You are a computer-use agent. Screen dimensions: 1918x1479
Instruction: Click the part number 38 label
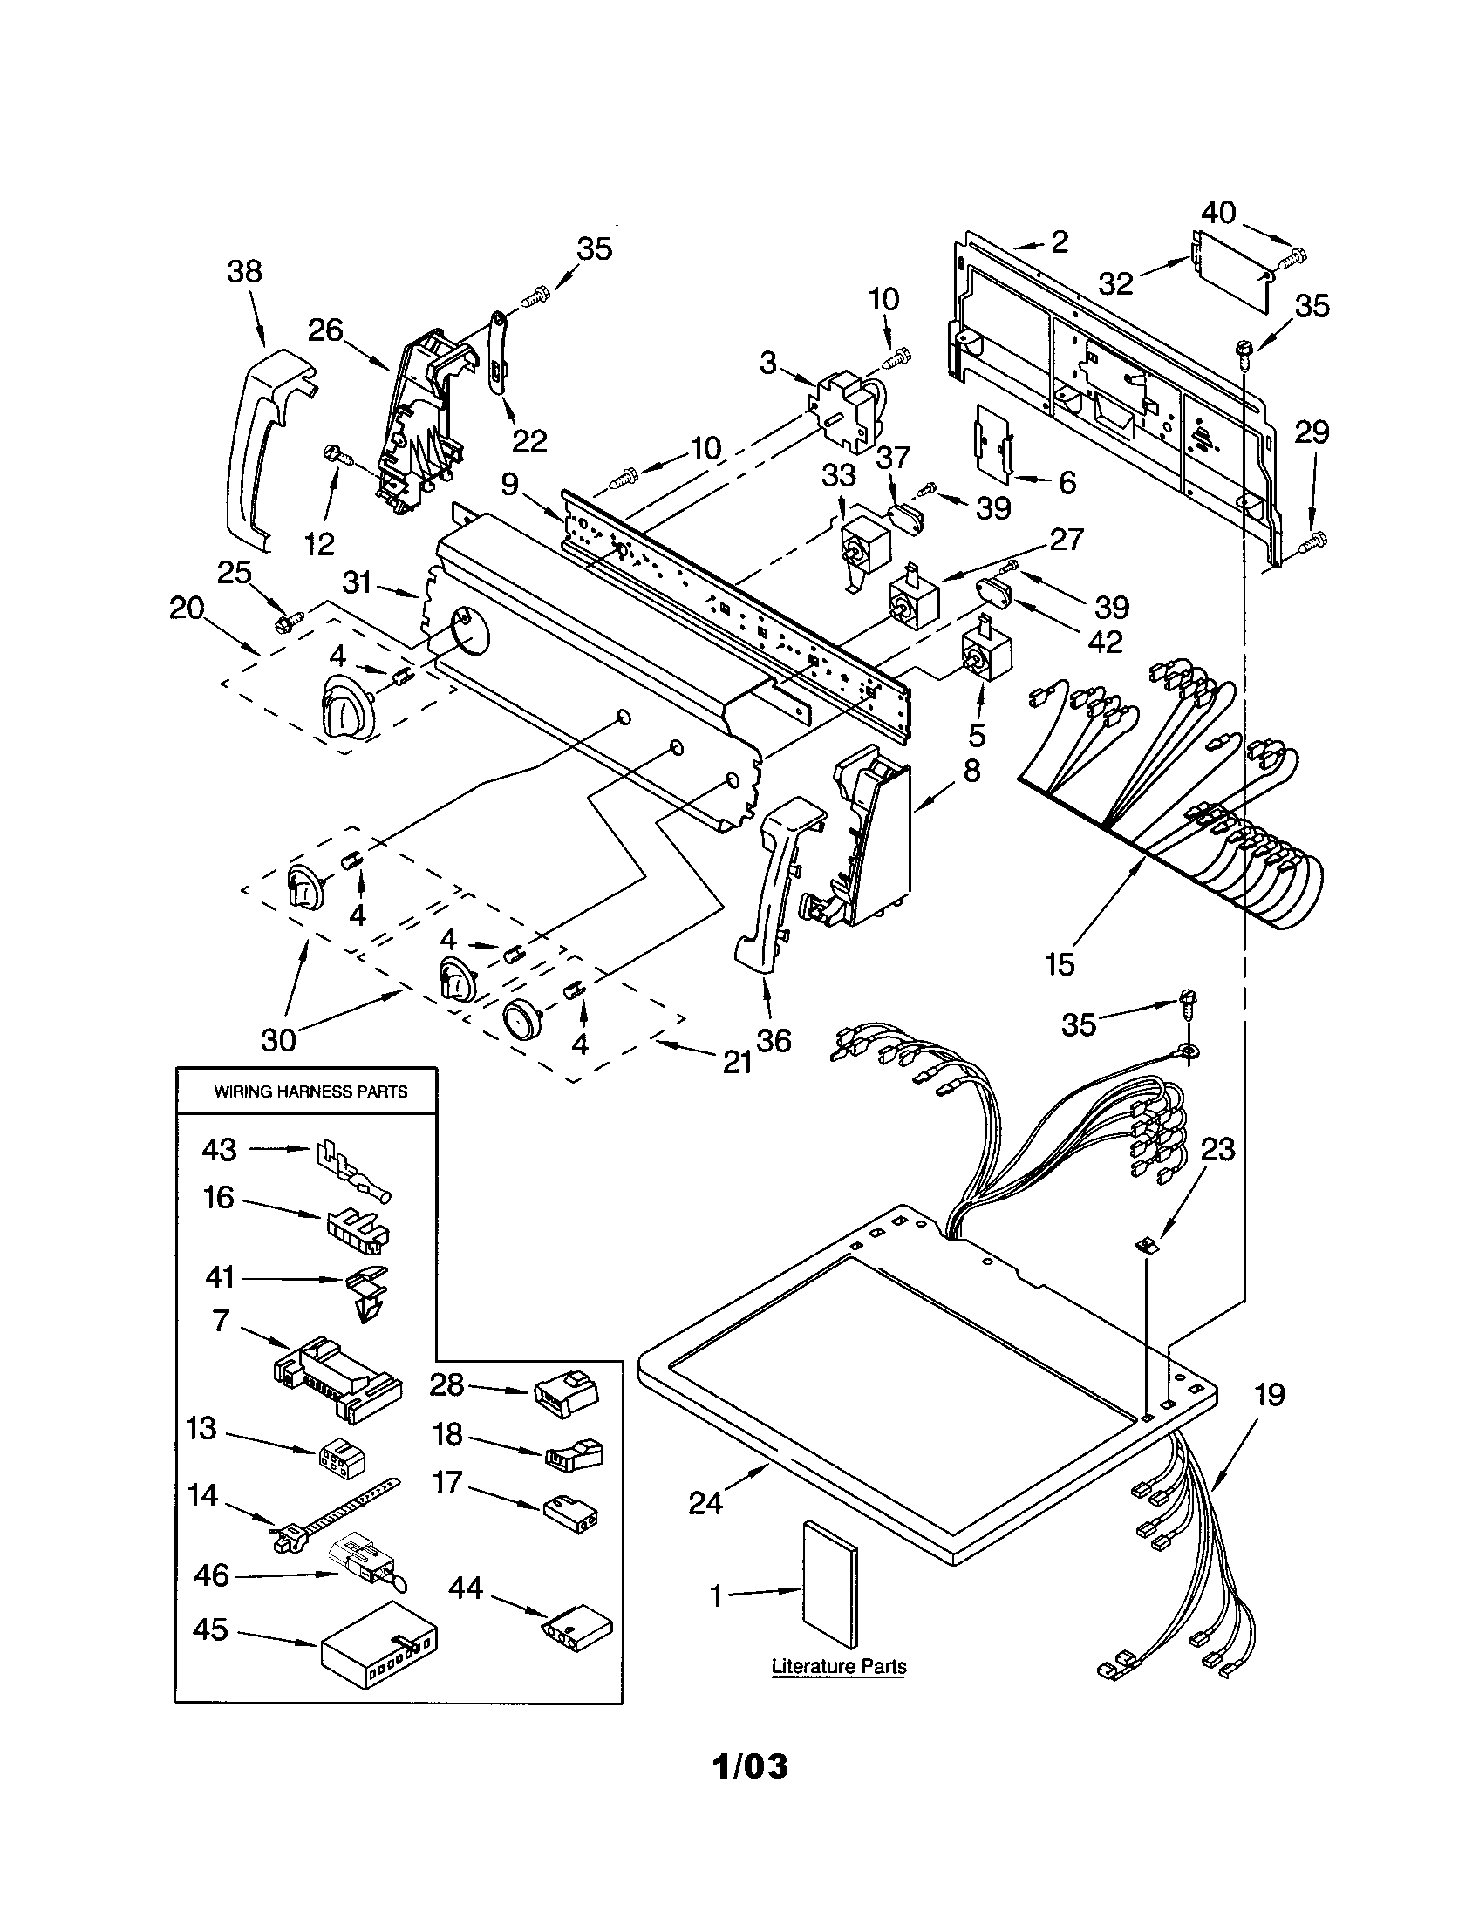click(x=244, y=271)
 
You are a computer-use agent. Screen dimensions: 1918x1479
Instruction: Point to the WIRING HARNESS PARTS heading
click(x=311, y=1092)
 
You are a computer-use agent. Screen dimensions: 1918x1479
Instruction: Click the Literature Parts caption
click(x=839, y=1666)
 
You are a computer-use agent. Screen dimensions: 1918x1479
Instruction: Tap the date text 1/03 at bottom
click(x=749, y=1766)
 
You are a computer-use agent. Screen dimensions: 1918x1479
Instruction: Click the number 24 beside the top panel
click(x=705, y=1503)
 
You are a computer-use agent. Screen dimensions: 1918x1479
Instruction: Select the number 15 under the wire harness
click(x=1060, y=964)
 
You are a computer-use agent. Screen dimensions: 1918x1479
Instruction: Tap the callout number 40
click(x=1218, y=213)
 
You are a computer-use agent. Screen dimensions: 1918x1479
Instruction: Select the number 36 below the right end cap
click(x=773, y=1041)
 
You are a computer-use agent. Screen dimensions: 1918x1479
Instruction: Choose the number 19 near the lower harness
click(x=1269, y=1395)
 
